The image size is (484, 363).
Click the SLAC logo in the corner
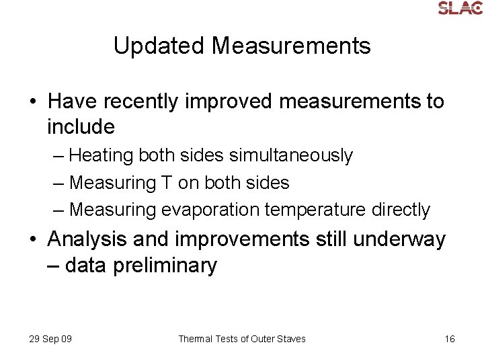(x=460, y=7)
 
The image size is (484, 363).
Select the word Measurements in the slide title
(x=291, y=46)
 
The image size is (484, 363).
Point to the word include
(x=81, y=126)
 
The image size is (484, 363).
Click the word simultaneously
(x=290, y=155)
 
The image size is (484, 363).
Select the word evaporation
(x=210, y=210)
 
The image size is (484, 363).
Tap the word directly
(x=400, y=210)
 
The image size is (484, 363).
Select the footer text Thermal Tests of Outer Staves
(x=241, y=339)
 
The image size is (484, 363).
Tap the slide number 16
(x=449, y=339)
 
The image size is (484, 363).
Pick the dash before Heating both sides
(x=58, y=156)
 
